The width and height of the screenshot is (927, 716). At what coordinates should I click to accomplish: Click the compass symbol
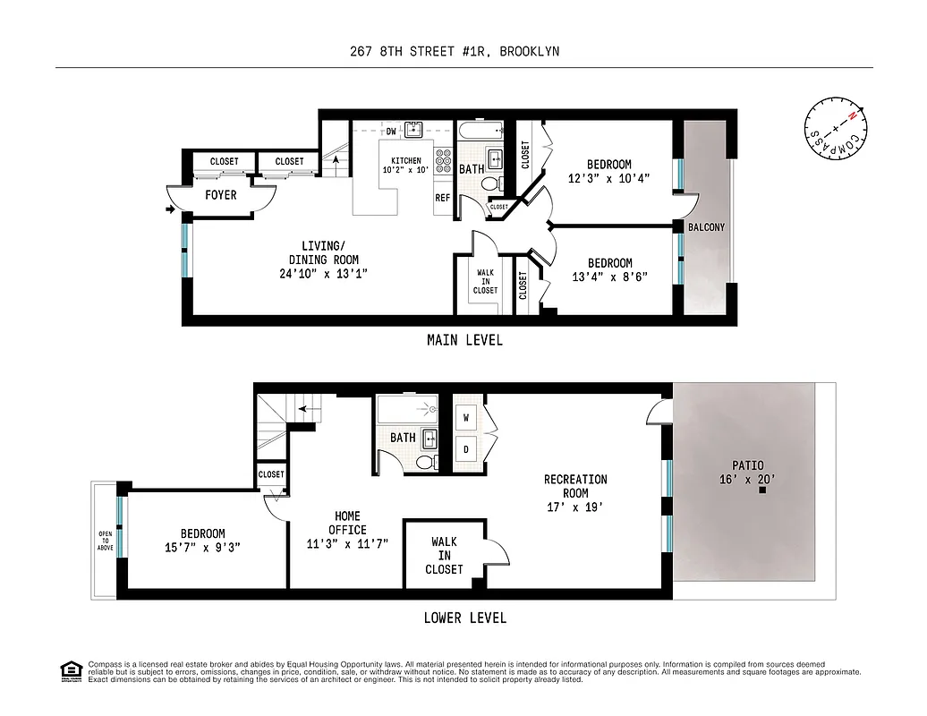tap(835, 127)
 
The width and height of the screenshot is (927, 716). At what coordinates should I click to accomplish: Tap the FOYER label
tap(221, 194)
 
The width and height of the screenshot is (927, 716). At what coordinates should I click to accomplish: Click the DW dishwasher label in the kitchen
tap(391, 132)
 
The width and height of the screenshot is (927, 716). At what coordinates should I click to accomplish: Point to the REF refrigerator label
tap(442, 198)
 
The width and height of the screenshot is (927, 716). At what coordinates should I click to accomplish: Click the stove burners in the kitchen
tap(443, 160)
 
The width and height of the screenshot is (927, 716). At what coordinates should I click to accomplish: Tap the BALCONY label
tap(706, 227)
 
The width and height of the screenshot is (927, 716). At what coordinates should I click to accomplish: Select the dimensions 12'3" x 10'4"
tap(608, 178)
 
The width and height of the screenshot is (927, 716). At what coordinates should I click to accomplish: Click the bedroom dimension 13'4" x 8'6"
tap(608, 277)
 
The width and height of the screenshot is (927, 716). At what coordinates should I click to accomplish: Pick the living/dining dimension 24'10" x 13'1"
tap(323, 274)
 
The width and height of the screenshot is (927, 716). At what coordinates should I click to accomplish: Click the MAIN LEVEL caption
tap(464, 340)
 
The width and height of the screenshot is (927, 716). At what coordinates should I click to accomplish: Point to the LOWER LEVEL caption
tap(464, 618)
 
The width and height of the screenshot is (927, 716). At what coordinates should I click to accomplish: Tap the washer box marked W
tap(466, 416)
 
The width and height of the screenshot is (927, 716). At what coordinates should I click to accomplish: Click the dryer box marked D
tap(466, 447)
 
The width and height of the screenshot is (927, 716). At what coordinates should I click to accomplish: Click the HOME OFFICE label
tap(347, 523)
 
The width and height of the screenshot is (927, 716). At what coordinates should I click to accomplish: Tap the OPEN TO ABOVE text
tap(105, 541)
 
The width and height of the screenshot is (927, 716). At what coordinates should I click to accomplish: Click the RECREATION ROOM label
tap(575, 486)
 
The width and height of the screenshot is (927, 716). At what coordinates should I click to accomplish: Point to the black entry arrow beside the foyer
tap(170, 210)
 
